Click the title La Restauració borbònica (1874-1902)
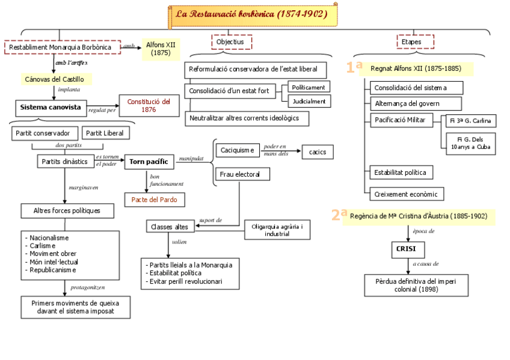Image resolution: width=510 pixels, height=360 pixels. (x=251, y=14)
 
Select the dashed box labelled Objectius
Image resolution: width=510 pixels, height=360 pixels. (x=231, y=42)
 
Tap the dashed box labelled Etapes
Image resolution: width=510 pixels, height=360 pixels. (x=415, y=42)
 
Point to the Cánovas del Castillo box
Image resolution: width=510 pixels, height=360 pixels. (x=55, y=79)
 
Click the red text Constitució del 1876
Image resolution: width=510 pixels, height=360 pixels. (x=149, y=106)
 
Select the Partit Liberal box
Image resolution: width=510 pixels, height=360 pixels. (x=105, y=133)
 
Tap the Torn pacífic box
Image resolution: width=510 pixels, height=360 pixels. (x=150, y=161)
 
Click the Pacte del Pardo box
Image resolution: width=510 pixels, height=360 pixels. (x=155, y=199)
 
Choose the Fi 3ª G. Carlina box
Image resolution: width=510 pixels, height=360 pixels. (x=469, y=121)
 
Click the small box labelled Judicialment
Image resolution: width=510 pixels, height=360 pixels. (x=309, y=101)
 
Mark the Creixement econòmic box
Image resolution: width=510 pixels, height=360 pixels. (x=407, y=194)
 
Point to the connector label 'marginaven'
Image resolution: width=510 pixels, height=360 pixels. (x=83, y=188)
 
